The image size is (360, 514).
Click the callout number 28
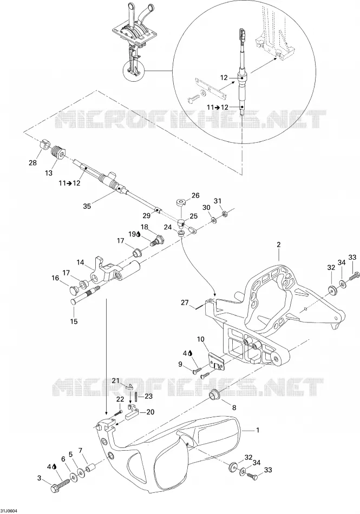pos(33,162)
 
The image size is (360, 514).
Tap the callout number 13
pos(49,173)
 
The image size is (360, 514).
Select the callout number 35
pos(87,206)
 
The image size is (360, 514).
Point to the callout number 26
pos(195,196)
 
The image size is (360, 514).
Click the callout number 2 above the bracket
pos(279,245)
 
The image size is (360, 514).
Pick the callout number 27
pos(185,302)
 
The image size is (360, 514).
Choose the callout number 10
pos(201,339)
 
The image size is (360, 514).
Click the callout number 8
pos(234,408)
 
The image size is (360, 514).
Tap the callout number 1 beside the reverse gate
pos(258,430)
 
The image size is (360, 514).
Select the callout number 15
pos(74,321)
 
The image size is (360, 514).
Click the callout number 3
pos(40,478)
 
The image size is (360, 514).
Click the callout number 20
pos(150,412)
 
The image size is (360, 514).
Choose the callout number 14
pos(81,262)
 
